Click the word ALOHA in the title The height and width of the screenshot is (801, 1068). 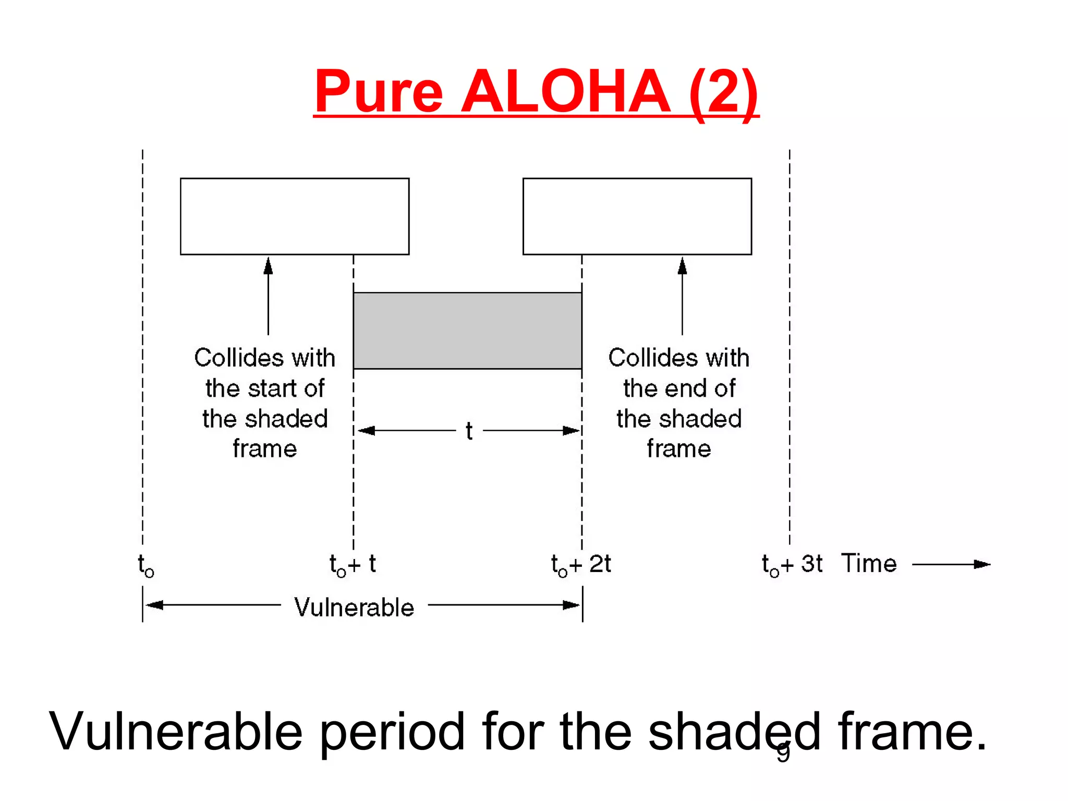(x=565, y=92)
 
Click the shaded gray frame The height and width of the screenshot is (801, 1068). (x=467, y=331)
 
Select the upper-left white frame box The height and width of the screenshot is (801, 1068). (x=295, y=216)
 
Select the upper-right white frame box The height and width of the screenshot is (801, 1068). (x=637, y=216)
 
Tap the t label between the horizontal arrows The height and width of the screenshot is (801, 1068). (x=469, y=431)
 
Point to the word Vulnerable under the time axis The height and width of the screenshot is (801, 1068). (x=354, y=608)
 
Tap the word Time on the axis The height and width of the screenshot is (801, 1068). (x=869, y=564)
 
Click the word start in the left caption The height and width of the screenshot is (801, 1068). (x=272, y=389)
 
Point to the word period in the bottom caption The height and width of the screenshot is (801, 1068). (x=392, y=732)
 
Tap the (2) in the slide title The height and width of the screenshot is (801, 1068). (x=723, y=92)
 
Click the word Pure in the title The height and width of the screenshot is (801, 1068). (x=379, y=92)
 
